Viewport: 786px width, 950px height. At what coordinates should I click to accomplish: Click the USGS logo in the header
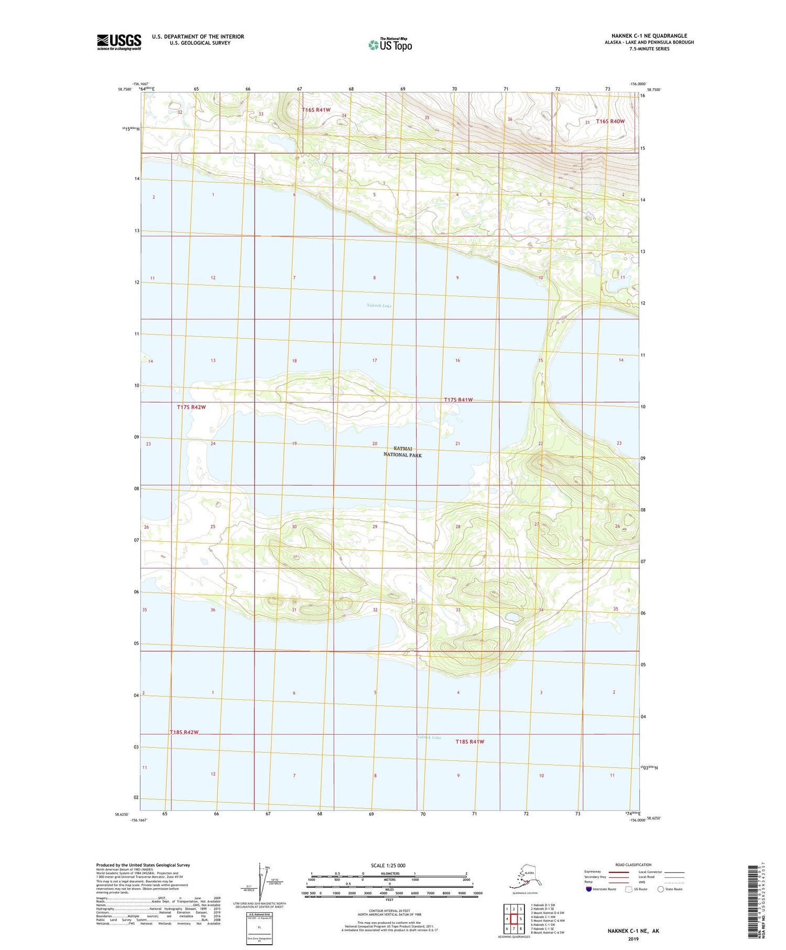tap(119, 42)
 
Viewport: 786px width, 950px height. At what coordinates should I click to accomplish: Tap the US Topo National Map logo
tap(390, 45)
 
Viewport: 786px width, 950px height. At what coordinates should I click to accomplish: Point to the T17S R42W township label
tap(191, 407)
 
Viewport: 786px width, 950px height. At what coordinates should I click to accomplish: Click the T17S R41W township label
tap(458, 400)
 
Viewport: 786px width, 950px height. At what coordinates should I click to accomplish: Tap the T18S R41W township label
tap(470, 741)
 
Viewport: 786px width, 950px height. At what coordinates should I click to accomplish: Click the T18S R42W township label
tap(184, 732)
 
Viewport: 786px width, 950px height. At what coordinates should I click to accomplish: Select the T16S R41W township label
tap(316, 110)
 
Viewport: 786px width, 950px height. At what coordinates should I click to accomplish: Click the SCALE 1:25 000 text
tap(388, 866)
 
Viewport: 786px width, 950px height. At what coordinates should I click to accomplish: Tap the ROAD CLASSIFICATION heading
tap(633, 865)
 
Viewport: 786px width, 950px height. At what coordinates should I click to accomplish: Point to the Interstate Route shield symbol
tap(588, 889)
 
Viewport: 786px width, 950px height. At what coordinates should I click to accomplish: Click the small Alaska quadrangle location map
tap(524, 878)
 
